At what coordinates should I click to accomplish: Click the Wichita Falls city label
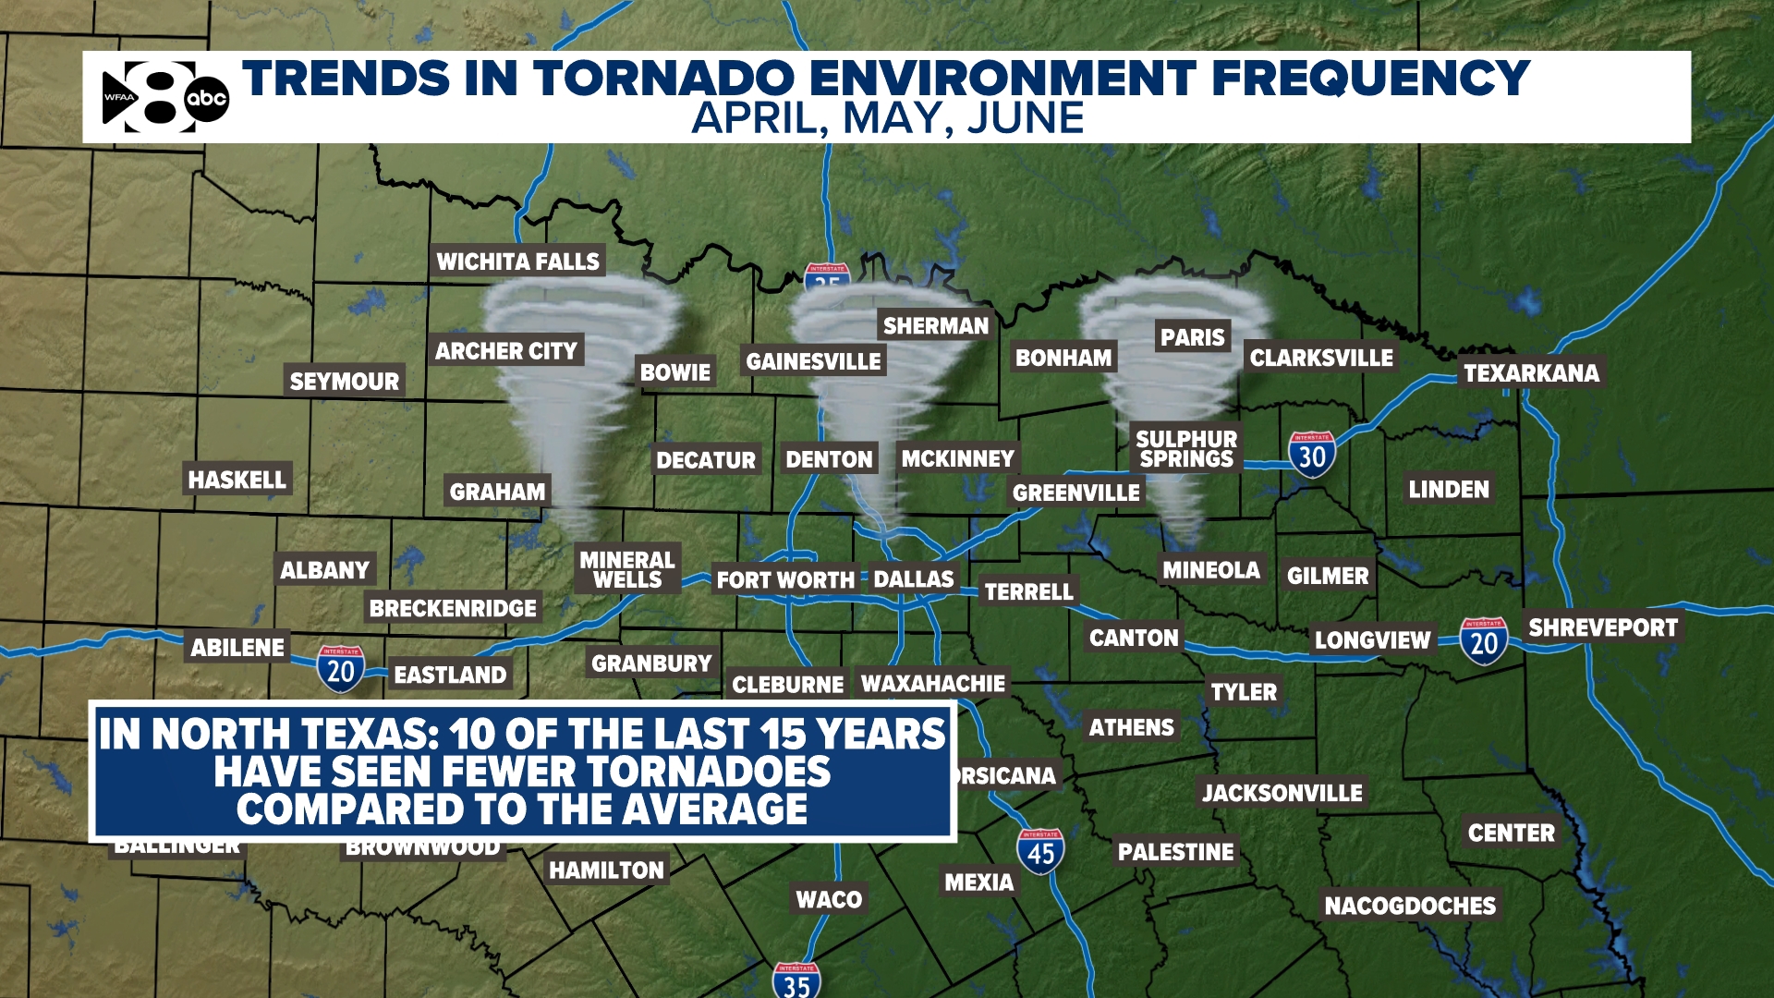coord(517,262)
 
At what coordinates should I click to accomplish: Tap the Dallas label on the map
coord(913,579)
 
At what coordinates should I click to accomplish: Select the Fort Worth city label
coord(785,580)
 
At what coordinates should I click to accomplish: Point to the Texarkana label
coord(1531,373)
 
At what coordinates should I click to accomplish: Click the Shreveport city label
coord(1602,628)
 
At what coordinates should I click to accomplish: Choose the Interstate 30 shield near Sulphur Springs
coord(1312,455)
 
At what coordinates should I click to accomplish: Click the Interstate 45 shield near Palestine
coord(1040,851)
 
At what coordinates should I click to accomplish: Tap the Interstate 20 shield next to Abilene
coord(341,669)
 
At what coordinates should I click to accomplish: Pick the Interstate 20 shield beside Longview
coord(1484,641)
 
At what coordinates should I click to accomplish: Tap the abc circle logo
coord(207,98)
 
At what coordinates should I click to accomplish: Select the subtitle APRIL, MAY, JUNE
coord(887,119)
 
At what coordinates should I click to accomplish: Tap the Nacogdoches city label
coord(1409,906)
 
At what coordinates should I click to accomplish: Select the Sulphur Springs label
coord(1185,449)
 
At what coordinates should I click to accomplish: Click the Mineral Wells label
coord(627,569)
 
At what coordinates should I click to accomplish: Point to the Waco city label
coord(829,899)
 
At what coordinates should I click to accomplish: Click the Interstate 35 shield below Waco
coord(796,981)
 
